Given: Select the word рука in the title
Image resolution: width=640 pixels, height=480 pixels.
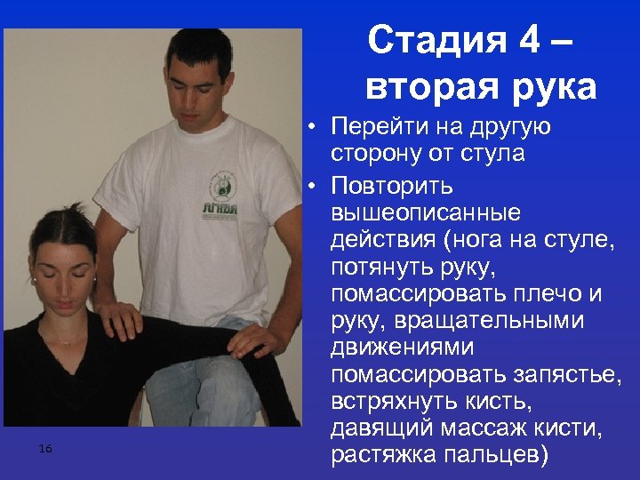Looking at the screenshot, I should (553, 87).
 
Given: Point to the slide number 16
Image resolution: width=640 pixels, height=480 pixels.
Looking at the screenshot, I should (45, 450).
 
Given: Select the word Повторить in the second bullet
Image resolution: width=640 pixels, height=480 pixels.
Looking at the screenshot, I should (392, 187).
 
